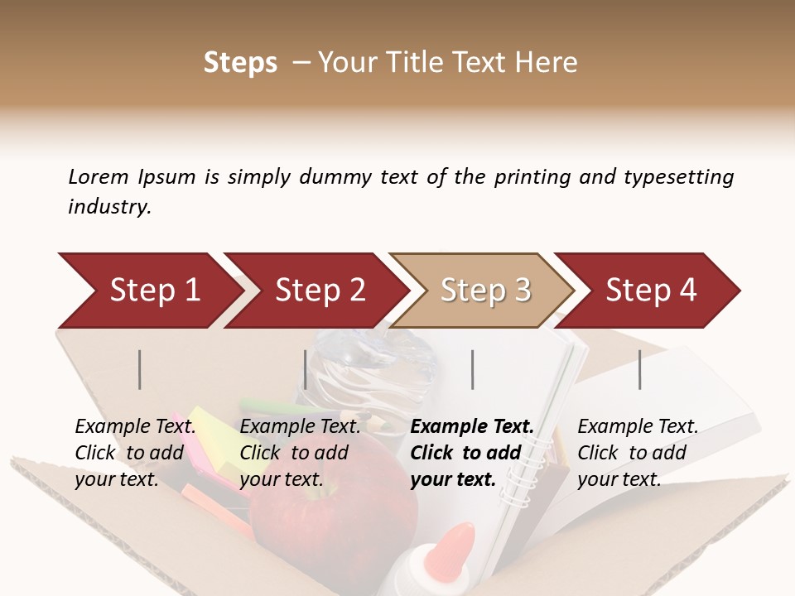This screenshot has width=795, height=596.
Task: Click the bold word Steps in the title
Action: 240,63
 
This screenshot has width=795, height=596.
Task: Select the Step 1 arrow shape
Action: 149,291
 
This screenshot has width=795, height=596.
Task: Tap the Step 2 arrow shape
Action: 315,291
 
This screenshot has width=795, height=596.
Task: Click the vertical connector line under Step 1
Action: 140,369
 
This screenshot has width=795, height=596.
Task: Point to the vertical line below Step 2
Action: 306,369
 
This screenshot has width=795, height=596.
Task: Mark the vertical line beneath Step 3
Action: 473,369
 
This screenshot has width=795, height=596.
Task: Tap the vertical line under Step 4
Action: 640,369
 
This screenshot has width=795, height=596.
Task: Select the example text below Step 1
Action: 136,453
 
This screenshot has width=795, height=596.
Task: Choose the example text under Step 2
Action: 300,453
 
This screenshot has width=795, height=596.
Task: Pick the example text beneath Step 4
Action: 638,453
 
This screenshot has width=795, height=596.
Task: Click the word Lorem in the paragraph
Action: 99,177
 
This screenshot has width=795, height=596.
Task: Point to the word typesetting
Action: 678,177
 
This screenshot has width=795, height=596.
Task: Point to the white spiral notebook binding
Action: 529,472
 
